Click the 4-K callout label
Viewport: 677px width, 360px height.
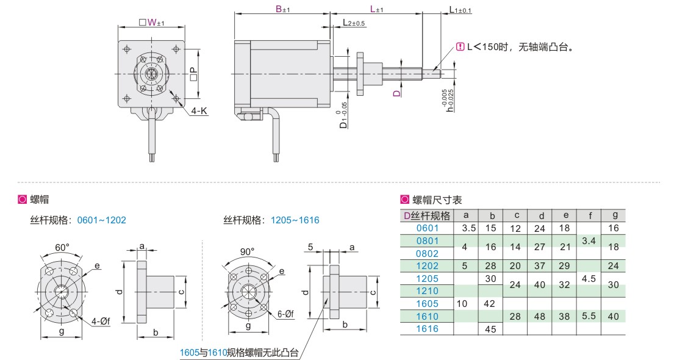click(199, 111)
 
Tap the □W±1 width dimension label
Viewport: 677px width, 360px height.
click(151, 22)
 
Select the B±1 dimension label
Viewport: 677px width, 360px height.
click(283, 9)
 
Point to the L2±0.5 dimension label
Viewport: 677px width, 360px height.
click(354, 23)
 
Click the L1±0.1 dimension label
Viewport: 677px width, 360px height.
click(460, 10)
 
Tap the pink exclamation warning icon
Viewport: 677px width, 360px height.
click(460, 47)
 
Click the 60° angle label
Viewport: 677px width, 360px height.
click(62, 247)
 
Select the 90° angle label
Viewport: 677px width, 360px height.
click(248, 251)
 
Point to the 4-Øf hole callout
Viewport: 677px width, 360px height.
click(101, 321)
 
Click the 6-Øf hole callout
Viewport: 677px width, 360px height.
click(285, 314)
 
